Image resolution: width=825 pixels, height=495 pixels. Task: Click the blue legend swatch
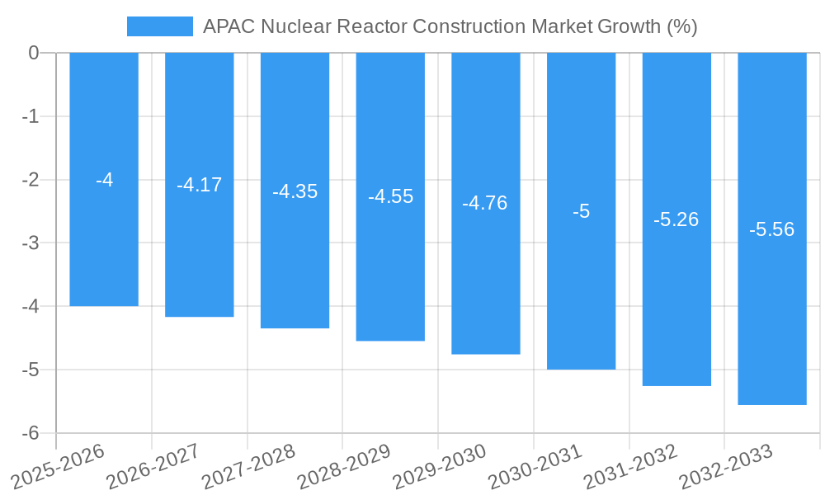(159, 26)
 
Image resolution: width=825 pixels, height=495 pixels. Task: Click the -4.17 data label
(200, 185)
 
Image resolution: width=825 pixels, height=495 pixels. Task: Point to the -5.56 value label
(771, 229)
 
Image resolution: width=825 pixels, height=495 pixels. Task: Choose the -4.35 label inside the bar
(295, 191)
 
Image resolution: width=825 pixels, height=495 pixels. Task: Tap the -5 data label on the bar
(581, 211)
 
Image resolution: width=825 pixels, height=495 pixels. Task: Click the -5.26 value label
(676, 219)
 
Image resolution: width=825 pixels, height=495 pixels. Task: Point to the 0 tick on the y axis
(34, 53)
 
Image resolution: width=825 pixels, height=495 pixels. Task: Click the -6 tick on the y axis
(31, 433)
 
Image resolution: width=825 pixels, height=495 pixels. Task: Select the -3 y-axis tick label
(31, 243)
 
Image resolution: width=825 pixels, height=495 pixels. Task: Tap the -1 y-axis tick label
(31, 116)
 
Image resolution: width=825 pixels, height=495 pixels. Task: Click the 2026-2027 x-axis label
(153, 466)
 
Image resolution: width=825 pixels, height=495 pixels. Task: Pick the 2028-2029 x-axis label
(344, 466)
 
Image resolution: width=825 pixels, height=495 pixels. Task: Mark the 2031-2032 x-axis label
(630, 466)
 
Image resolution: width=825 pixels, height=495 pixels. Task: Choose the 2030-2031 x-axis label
(535, 466)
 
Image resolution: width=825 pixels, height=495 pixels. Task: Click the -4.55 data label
(390, 197)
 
